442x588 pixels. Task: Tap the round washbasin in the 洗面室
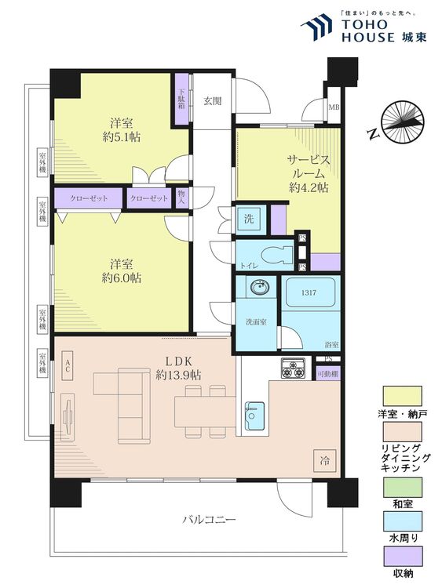pyautogui.click(x=260, y=288)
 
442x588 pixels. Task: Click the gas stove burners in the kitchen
pyautogui.click(x=294, y=368)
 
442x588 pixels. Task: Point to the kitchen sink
pyautogui.click(x=254, y=415)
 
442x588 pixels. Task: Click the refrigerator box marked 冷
pyautogui.click(x=324, y=459)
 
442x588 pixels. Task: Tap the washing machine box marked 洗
pyautogui.click(x=250, y=219)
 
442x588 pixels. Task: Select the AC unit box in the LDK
pyautogui.click(x=68, y=366)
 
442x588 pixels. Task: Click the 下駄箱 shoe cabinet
pyautogui.click(x=182, y=99)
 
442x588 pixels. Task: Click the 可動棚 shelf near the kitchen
pyautogui.click(x=328, y=374)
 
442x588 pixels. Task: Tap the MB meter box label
pyautogui.click(x=334, y=107)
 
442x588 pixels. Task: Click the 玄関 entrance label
pyautogui.click(x=213, y=101)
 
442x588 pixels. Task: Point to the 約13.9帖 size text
pyautogui.click(x=178, y=375)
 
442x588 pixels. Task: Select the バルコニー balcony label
pyautogui.click(x=210, y=519)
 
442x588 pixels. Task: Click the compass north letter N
pyautogui.click(x=373, y=133)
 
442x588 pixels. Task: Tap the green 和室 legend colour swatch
pyautogui.click(x=402, y=487)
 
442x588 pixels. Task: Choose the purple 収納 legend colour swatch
pyautogui.click(x=402, y=556)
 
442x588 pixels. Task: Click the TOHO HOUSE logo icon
pyautogui.click(x=316, y=27)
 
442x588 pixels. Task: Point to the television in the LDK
pyautogui.click(x=68, y=416)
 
